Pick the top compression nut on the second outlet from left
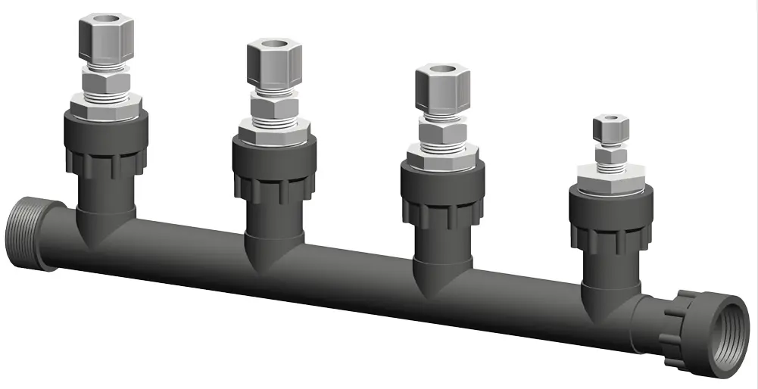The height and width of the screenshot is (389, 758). [273, 65]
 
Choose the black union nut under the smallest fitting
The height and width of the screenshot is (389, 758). [610, 219]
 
